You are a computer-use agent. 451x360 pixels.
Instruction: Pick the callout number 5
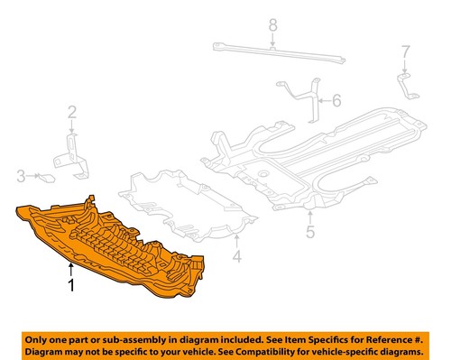tap(309, 233)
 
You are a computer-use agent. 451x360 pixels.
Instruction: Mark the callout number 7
tap(405, 51)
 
